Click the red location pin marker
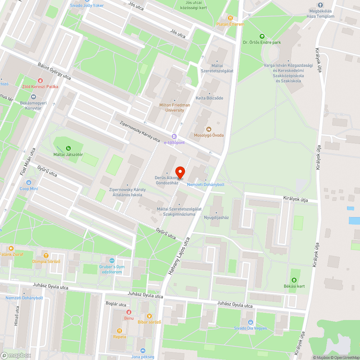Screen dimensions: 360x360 (180, 172)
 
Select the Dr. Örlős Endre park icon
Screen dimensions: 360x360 (262, 36)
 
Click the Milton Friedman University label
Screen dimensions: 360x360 (175, 107)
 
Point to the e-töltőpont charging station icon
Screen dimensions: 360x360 (174, 136)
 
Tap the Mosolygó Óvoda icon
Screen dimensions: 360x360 (209, 129)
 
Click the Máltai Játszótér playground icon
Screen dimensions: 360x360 (68, 148)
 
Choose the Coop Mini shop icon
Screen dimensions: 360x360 (29, 182)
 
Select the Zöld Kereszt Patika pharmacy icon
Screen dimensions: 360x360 (40, 80)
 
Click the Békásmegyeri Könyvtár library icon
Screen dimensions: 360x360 (33, 96)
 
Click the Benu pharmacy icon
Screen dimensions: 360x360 (129, 312)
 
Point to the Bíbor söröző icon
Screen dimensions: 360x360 (149, 316)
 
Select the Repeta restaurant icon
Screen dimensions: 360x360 (120, 331)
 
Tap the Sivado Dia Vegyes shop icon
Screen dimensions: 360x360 (251, 322)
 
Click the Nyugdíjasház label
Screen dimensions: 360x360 (216, 217)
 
